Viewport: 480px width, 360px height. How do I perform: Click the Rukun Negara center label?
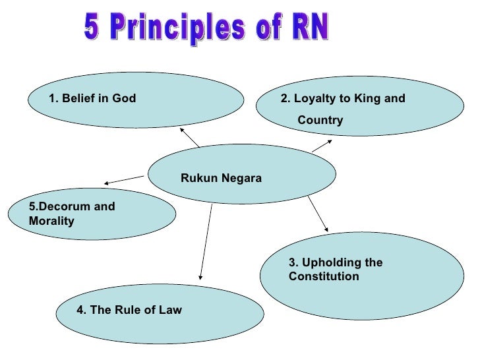221,178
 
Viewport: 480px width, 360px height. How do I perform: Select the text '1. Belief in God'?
92,99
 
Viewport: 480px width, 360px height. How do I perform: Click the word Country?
320,121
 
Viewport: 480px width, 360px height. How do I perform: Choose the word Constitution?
324,276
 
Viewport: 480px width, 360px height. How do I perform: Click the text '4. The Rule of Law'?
129,310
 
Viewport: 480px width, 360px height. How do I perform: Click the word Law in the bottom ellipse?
170,310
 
